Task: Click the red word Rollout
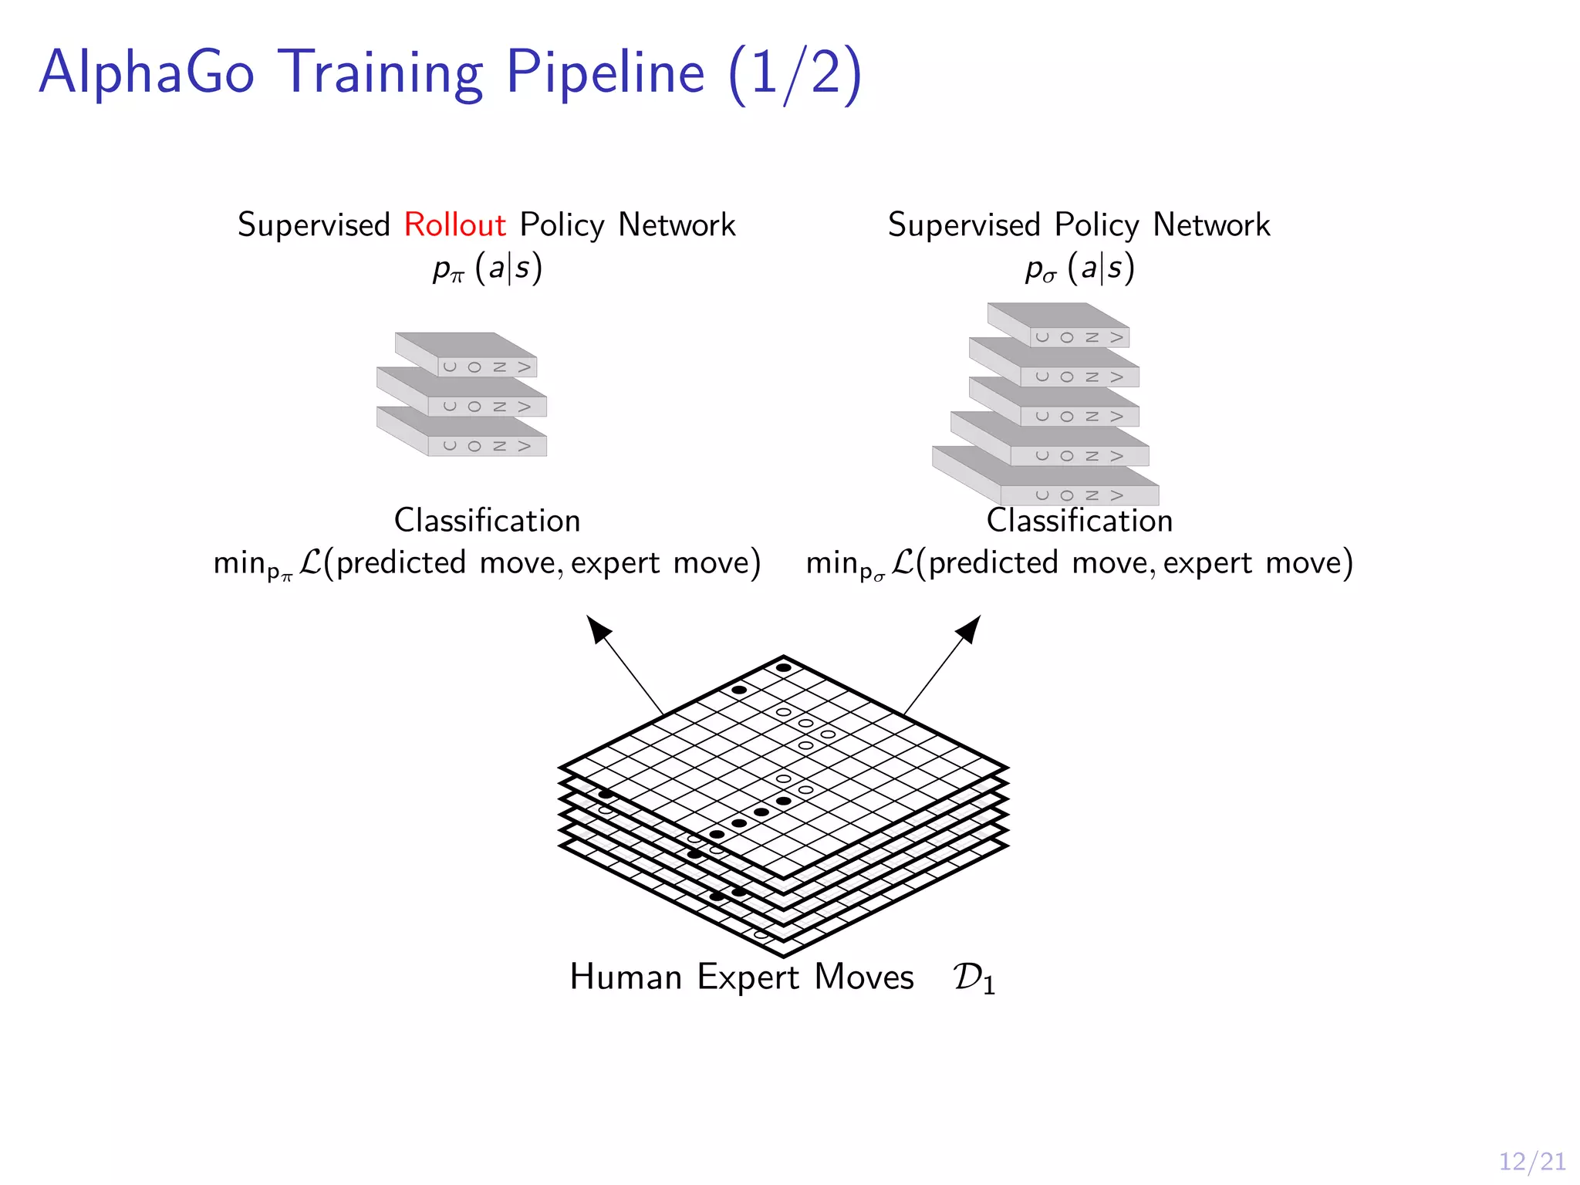point(454,225)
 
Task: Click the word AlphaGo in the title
point(147,73)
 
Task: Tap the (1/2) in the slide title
point(794,74)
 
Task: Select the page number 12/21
point(1531,1161)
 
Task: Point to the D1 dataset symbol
point(974,978)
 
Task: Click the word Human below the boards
point(625,977)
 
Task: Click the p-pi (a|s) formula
point(488,268)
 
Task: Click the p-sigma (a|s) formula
point(1079,268)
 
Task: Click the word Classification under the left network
point(487,521)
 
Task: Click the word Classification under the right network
point(1079,521)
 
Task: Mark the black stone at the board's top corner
point(783,667)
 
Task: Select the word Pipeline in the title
point(605,73)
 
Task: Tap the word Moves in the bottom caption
point(863,977)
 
